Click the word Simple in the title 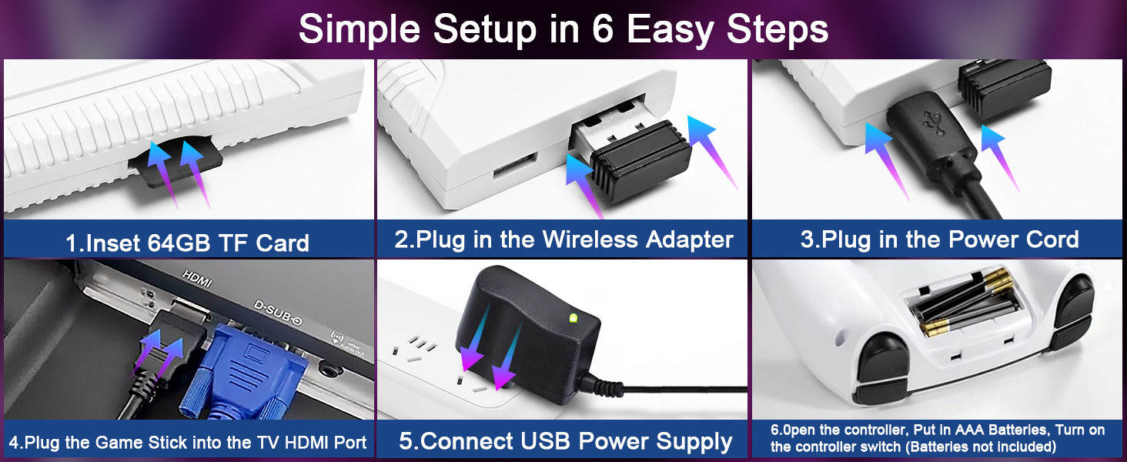pos(360,29)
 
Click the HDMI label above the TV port pos(199,273)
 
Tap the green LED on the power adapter pos(573,317)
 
